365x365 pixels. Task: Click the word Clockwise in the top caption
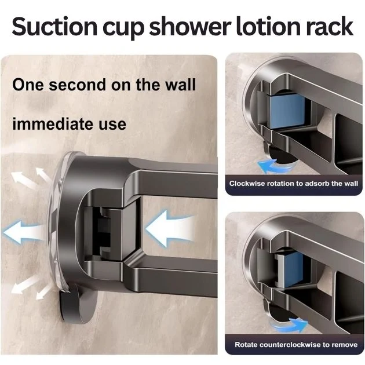[249, 184]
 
